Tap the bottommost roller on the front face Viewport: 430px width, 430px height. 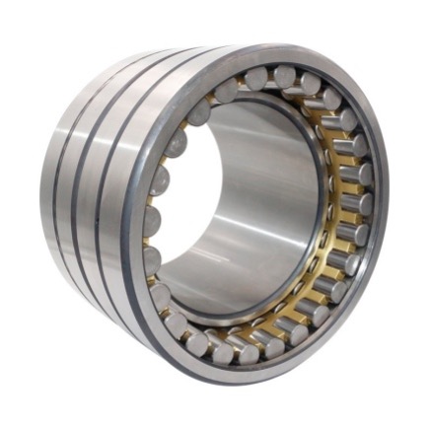tap(246, 352)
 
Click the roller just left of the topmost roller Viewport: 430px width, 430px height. tap(256, 78)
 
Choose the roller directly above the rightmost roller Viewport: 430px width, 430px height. tap(361, 175)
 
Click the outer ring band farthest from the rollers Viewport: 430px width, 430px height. tap(54, 187)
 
